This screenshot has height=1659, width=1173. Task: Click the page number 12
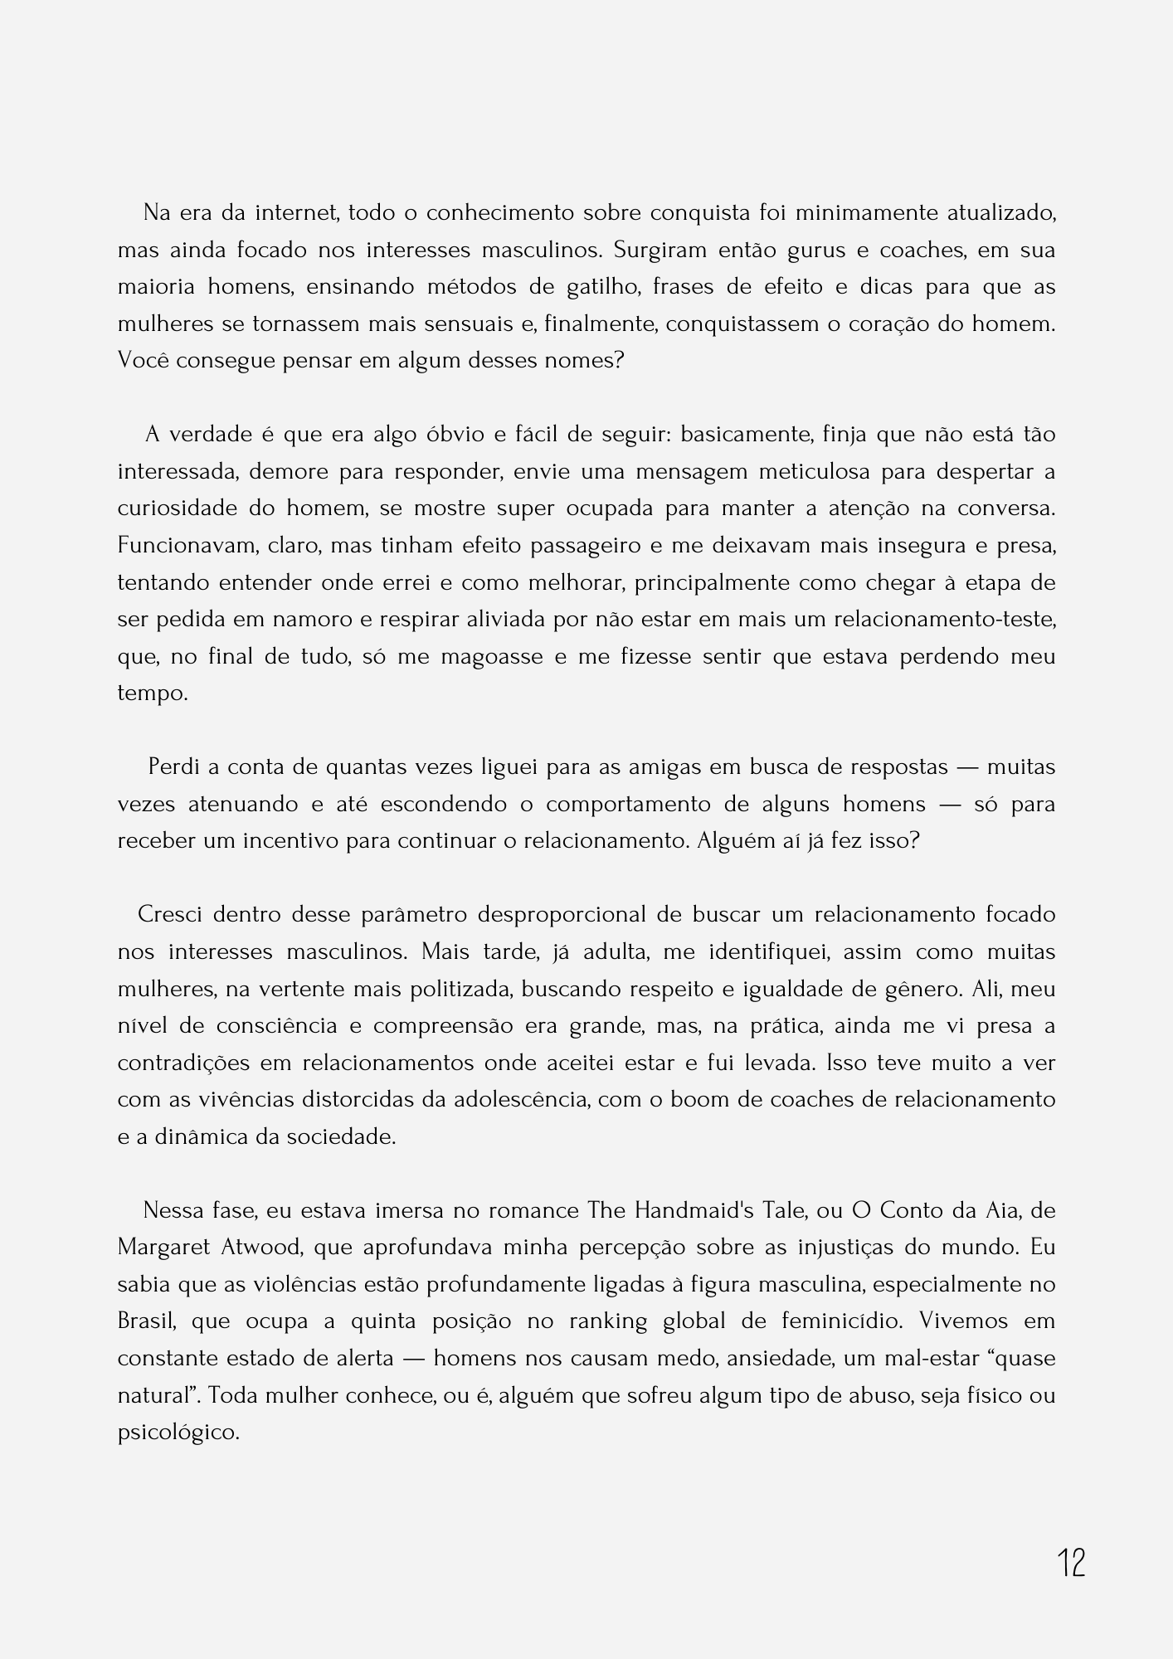coord(1071,1563)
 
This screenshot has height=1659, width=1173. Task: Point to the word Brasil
coord(147,1321)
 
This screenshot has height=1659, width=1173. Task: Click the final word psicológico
coord(178,1433)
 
